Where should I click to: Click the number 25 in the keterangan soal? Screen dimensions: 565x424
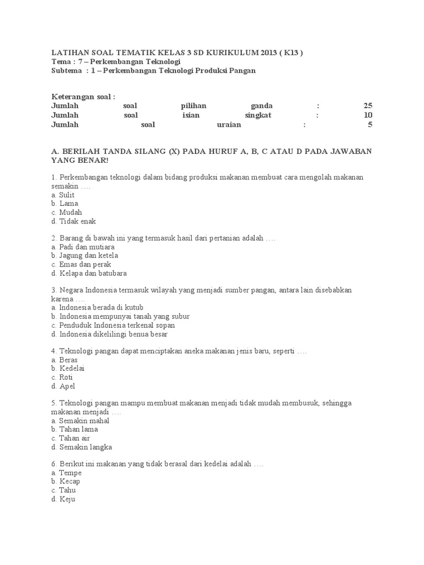[x=368, y=106]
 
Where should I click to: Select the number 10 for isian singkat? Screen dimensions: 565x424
[x=368, y=115]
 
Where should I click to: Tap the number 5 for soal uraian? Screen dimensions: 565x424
[x=370, y=125]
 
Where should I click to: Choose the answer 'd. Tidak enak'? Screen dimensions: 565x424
[x=73, y=221]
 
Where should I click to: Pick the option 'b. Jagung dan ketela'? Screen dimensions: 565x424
[x=84, y=256]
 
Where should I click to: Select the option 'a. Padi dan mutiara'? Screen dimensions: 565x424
[x=83, y=247]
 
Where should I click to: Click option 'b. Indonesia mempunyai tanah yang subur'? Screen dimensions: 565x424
[x=120, y=317]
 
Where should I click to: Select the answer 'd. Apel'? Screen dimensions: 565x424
[x=62, y=386]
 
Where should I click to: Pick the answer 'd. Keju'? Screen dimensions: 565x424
[x=62, y=499]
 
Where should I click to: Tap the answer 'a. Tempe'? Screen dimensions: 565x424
[x=66, y=473]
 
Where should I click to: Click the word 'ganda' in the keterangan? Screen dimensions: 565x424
[x=261, y=106]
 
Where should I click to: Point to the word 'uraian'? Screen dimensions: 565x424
[x=229, y=125]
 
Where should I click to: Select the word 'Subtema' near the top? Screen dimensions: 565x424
[x=66, y=71]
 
